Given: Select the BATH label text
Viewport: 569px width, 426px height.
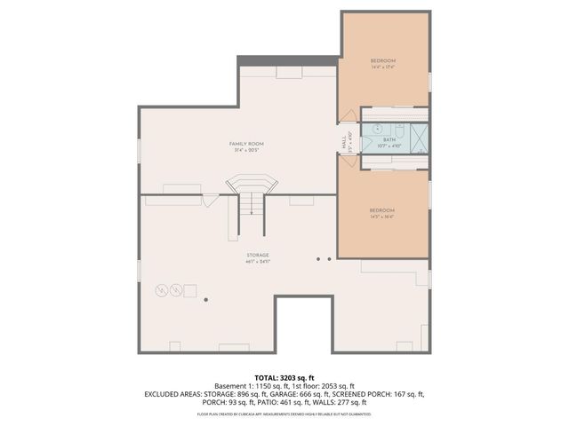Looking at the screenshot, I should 389,139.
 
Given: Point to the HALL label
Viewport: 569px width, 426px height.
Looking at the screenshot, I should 343,141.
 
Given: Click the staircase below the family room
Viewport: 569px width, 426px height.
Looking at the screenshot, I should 252,200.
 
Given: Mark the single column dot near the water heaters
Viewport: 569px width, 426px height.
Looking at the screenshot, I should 205,300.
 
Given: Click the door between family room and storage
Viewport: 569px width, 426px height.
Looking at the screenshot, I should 209,201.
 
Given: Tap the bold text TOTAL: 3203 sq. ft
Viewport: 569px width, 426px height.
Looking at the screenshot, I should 284,378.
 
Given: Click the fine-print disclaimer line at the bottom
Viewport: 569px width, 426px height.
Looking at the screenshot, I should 284,414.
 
